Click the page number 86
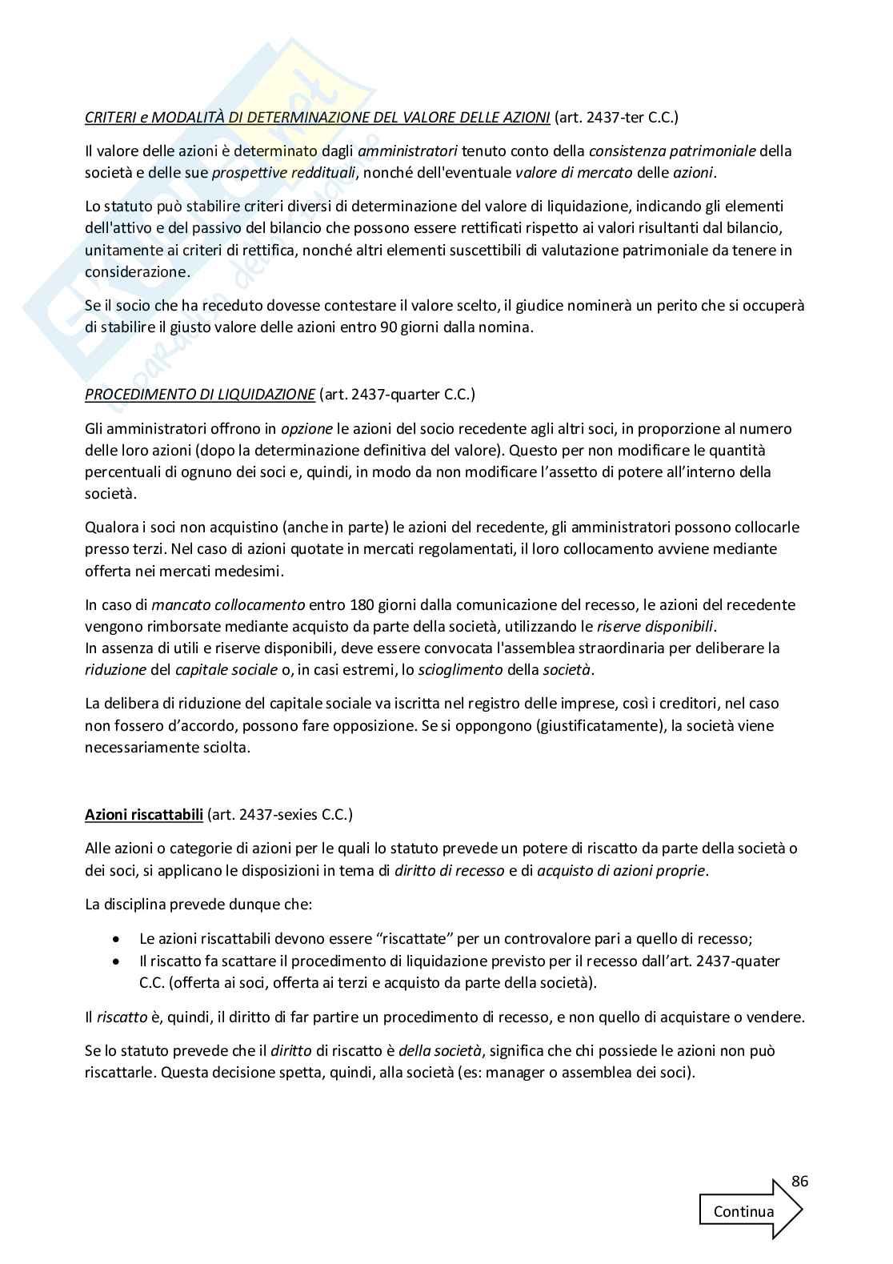[799, 1182]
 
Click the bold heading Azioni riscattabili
[144, 815]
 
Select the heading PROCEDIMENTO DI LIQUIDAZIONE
[200, 394]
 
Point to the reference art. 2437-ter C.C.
[615, 118]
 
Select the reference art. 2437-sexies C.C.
[279, 815]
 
